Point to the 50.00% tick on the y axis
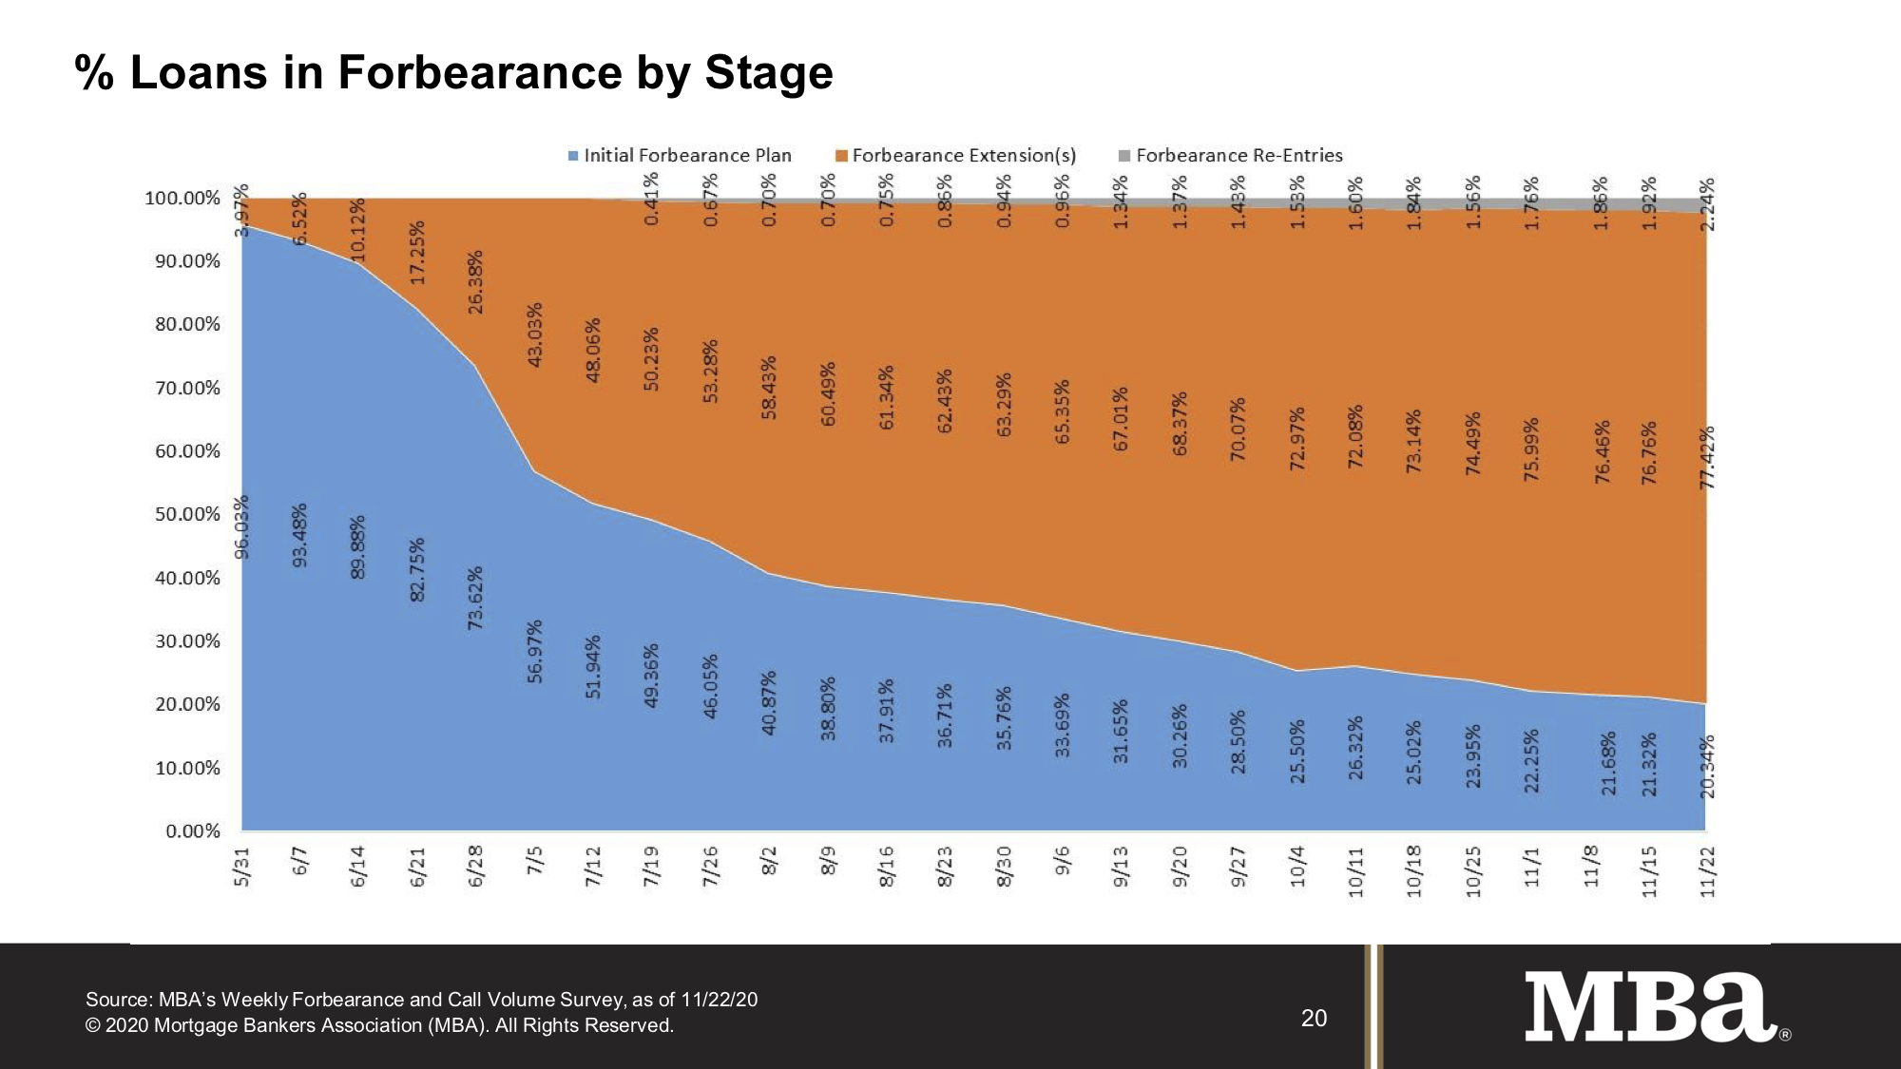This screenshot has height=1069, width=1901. pyautogui.click(x=188, y=514)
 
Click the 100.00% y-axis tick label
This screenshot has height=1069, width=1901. pyautogui.click(x=182, y=198)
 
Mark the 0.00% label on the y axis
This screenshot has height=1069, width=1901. pyautogui.click(x=193, y=831)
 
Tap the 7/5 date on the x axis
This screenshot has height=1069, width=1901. pyautogui.click(x=535, y=867)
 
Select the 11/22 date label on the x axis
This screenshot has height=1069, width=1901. pyautogui.click(x=1708, y=871)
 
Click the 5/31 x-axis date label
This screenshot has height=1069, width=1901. pyautogui.click(x=242, y=867)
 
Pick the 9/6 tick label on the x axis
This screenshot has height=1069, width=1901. pyautogui.click(x=1063, y=867)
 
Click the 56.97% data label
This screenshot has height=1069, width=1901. pyautogui.click(x=535, y=651)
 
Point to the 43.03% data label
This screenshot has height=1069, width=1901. pyautogui.click(x=535, y=334)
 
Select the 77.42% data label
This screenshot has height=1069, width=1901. pyautogui.click(x=1707, y=458)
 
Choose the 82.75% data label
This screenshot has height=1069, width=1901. pyautogui.click(x=417, y=569)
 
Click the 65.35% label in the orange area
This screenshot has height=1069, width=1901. pyautogui.click(x=1063, y=411)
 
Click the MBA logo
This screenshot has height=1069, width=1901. pyautogui.click(x=1649, y=1006)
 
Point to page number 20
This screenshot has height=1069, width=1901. pyautogui.click(x=1314, y=1019)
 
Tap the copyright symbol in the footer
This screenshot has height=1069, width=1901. pyautogui.click(x=92, y=1026)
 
